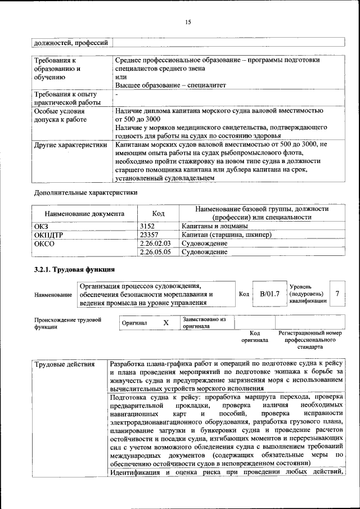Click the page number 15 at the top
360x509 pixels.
[188, 22]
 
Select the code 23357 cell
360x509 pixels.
[149, 235]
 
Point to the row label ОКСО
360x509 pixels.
[46, 244]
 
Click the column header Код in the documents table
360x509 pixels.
[158, 213]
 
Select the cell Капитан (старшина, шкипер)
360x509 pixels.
[226, 235]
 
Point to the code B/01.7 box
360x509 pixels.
[269, 294]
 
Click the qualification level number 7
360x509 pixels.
[337, 294]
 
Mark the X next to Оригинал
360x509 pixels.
[165, 323]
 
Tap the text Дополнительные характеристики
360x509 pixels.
[85, 192]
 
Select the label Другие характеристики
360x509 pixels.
[70, 145]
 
